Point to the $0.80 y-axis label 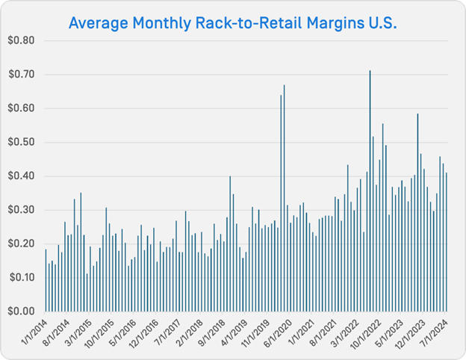coord(22,40)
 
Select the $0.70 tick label coord(22,75)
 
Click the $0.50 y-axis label coord(22,142)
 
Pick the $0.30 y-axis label coord(22,210)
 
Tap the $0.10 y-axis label coord(22,277)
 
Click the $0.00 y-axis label coord(22,311)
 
